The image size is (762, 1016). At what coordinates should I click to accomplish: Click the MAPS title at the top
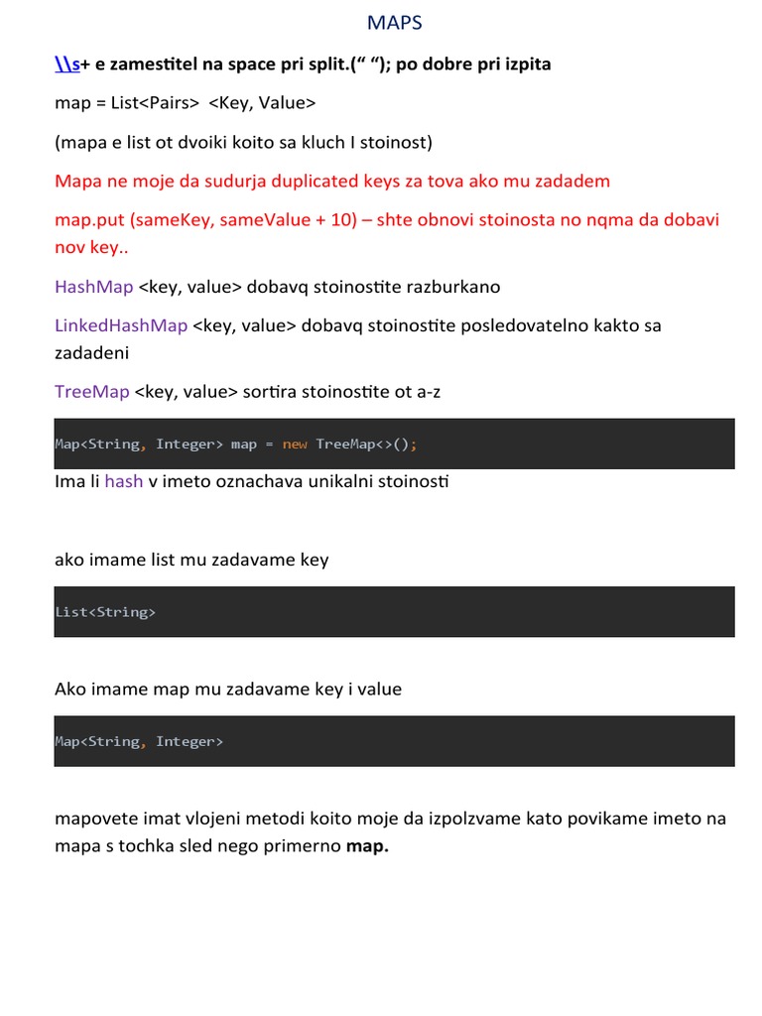tap(394, 23)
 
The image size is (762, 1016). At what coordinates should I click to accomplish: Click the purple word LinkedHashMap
tap(121, 325)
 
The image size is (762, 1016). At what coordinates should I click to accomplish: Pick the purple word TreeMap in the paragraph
tap(92, 391)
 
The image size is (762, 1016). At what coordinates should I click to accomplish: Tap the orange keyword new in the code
tap(295, 444)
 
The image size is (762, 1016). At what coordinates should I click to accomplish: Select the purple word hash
tap(124, 481)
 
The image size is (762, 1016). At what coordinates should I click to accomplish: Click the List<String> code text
tap(105, 612)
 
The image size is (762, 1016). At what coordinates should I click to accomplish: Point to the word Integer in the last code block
tap(190, 741)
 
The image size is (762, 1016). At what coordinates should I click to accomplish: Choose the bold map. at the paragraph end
tap(367, 847)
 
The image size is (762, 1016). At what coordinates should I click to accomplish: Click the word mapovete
tap(96, 818)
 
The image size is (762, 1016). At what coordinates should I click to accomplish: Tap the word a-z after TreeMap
tap(428, 391)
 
